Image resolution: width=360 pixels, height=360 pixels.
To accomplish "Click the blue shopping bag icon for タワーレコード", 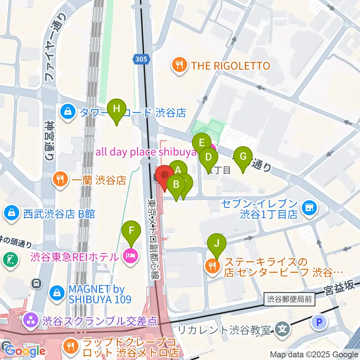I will point(68,112).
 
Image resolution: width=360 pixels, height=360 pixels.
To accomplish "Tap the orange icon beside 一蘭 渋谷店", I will point(60,180).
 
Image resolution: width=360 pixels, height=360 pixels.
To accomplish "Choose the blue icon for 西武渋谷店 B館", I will point(12,213).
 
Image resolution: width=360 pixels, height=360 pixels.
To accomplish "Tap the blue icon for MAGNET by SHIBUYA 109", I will point(57,292).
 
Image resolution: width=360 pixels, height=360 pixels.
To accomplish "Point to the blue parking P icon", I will point(319,322).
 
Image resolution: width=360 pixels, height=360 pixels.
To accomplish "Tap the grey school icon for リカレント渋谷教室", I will point(282,330).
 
